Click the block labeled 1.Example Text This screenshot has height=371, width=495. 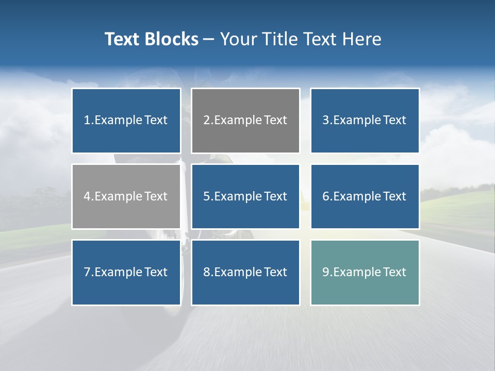[x=126, y=121]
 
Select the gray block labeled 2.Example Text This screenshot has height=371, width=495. [x=245, y=121]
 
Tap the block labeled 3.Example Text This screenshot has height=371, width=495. [x=365, y=121]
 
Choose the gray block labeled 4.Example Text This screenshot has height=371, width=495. [x=126, y=196]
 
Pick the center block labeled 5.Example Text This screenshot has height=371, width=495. [x=245, y=196]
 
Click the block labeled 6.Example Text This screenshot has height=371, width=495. [x=365, y=196]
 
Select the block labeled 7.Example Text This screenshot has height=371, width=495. [x=126, y=272]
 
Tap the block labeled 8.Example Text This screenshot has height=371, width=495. [x=245, y=272]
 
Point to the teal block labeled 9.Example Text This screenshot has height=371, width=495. [x=365, y=272]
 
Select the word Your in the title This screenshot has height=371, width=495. [x=238, y=39]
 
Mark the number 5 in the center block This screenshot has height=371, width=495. [x=206, y=196]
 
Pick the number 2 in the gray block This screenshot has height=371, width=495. [x=206, y=121]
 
